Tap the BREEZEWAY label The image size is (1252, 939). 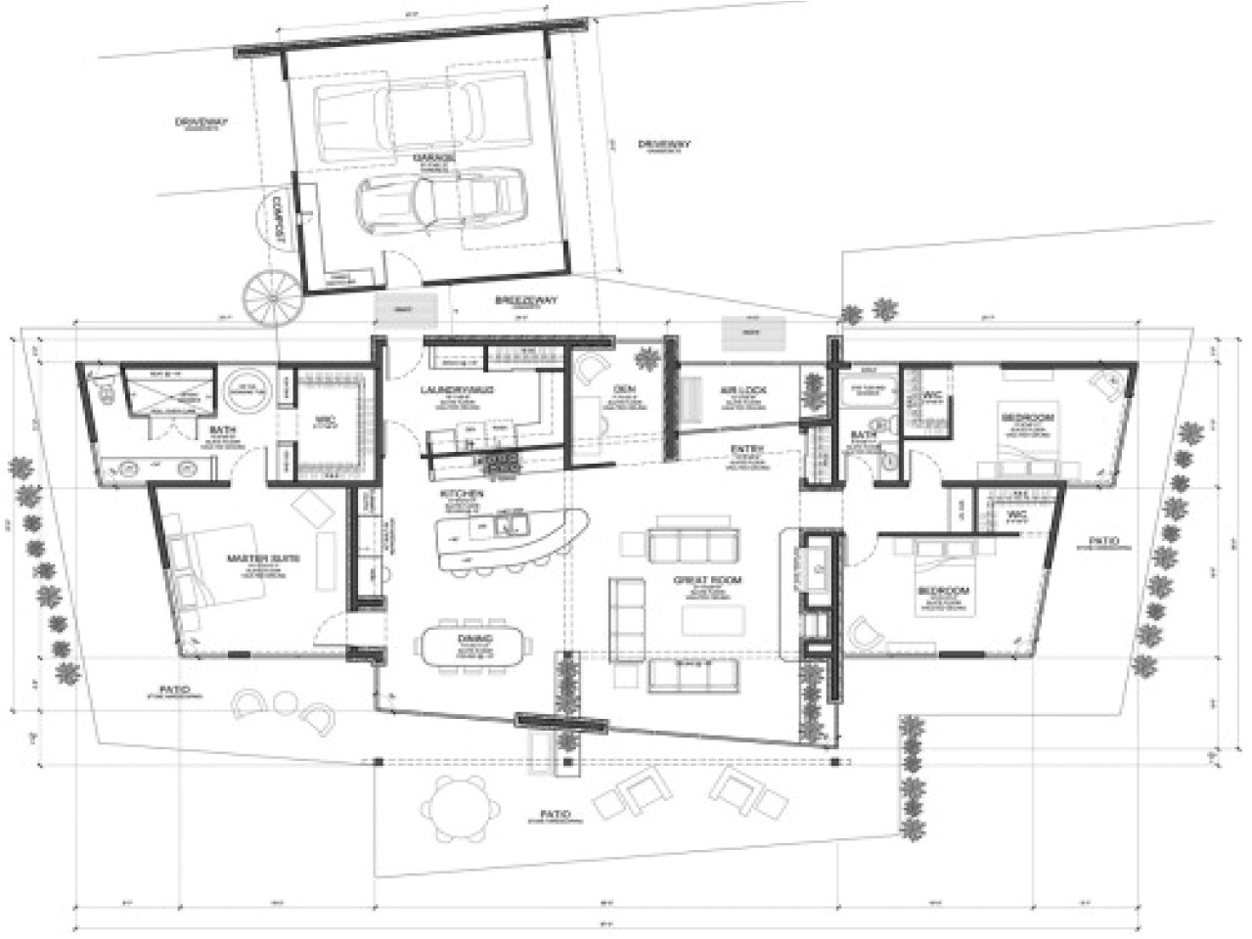click(x=526, y=300)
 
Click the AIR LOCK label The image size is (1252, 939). click(x=745, y=389)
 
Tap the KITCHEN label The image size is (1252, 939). click(x=462, y=495)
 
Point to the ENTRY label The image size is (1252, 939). click(x=746, y=450)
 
